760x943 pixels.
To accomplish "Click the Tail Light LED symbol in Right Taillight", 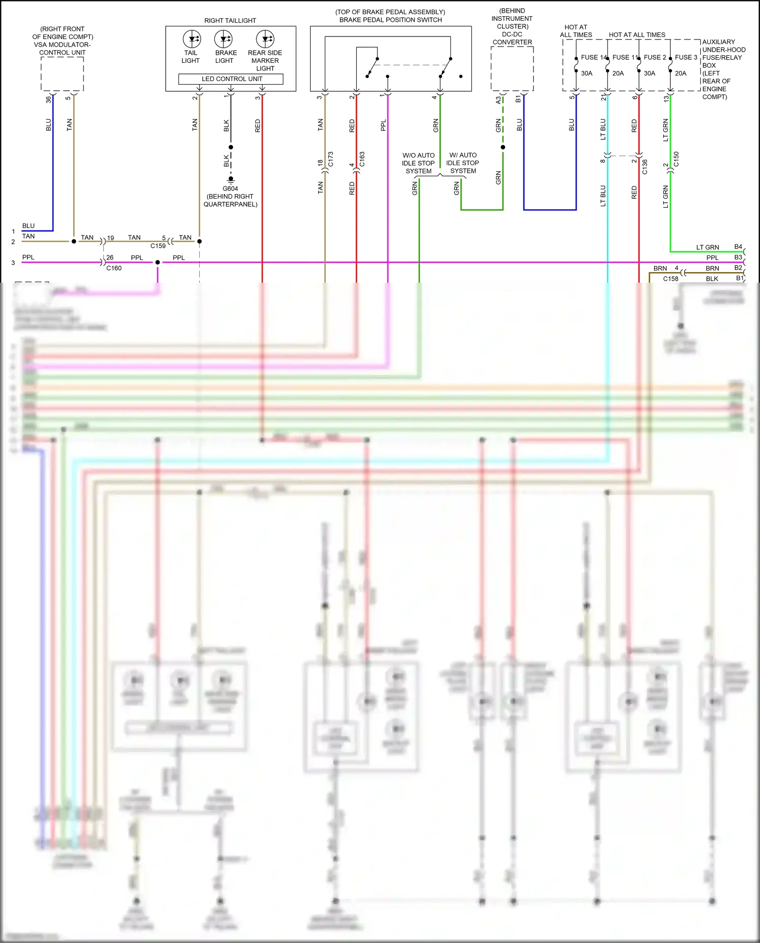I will pyautogui.click(x=192, y=39).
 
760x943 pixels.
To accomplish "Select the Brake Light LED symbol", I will pyautogui.click(x=223, y=39).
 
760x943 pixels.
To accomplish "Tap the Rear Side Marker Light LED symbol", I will pyautogui.click(x=265, y=39).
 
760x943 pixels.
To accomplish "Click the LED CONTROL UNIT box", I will pyautogui.click(x=231, y=79).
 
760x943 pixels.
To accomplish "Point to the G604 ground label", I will pyautogui.click(x=230, y=188).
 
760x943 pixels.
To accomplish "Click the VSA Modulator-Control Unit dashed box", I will pyautogui.click(x=62, y=74).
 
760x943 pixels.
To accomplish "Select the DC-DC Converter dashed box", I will pyautogui.click(x=512, y=69).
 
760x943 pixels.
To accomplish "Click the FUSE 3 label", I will pyautogui.click(x=686, y=57).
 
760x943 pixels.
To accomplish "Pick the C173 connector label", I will pyautogui.click(x=331, y=159).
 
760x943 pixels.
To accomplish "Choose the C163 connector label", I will pyautogui.click(x=362, y=159).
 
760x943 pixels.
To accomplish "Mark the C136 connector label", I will pyautogui.click(x=645, y=167).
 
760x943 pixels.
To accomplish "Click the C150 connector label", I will pyautogui.click(x=676, y=159).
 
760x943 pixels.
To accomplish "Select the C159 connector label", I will pyautogui.click(x=158, y=246).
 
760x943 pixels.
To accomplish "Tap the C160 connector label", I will pyautogui.click(x=114, y=268).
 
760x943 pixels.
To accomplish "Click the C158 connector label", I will pyautogui.click(x=670, y=279).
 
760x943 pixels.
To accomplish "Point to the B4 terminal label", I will pyautogui.click(x=738, y=247).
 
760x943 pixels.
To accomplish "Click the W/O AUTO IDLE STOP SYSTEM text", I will pyautogui.click(x=419, y=163).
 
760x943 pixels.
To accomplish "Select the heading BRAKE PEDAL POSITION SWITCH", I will pyautogui.click(x=390, y=20).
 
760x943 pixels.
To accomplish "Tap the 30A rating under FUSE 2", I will pyautogui.click(x=650, y=73).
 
